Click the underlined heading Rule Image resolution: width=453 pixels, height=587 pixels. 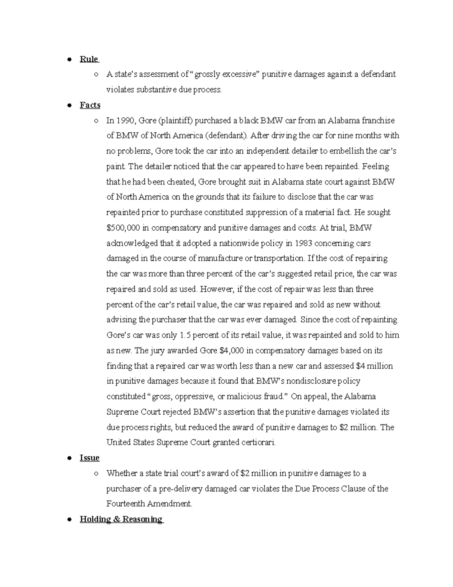coord(89,59)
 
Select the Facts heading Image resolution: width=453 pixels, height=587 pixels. coord(90,105)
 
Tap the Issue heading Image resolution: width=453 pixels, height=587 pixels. coord(89,458)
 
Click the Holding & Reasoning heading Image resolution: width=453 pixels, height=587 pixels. coord(121,519)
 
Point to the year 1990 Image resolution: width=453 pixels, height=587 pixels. coord(125,121)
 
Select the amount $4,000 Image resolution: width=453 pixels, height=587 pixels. coord(231,351)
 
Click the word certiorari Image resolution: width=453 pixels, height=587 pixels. coord(258,443)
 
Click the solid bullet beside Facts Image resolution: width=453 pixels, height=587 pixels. coord(69,105)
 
